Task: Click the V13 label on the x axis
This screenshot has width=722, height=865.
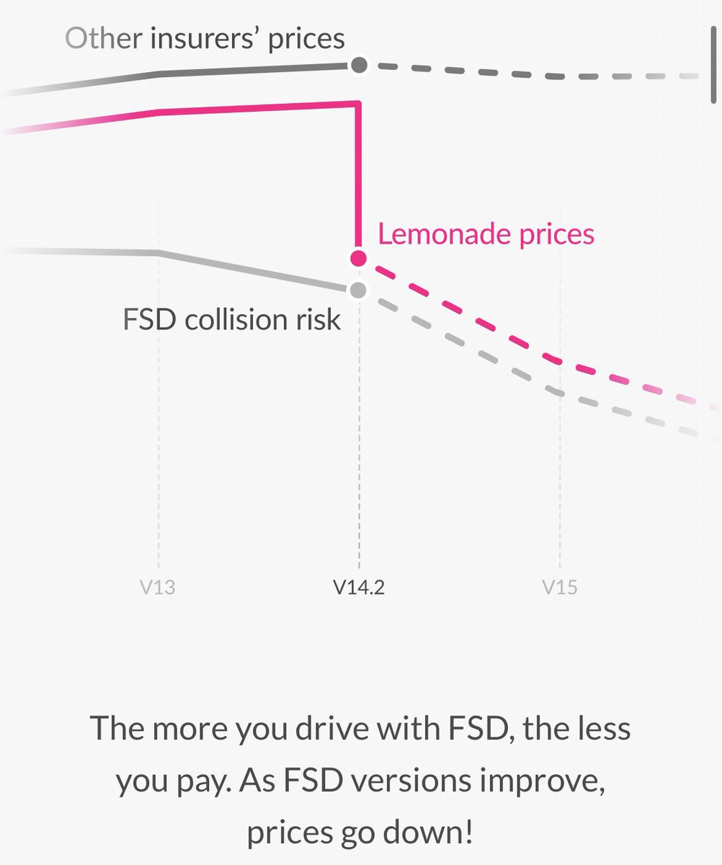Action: (157, 587)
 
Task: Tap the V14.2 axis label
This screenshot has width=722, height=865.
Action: (359, 587)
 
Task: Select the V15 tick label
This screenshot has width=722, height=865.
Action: (560, 587)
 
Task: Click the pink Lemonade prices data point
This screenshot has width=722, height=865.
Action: (359, 259)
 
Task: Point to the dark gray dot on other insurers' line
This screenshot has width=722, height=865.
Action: (359, 65)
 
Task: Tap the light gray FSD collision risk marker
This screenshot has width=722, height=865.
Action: (358, 290)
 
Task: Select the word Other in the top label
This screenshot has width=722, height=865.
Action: (104, 38)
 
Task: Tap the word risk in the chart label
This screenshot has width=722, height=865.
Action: (318, 320)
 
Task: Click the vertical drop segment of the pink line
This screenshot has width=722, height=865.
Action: (359, 178)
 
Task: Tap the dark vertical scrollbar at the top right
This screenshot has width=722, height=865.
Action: (713, 64)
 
